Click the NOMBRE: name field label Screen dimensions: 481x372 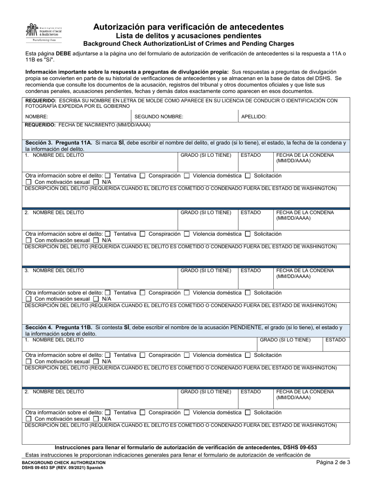coord(37,117)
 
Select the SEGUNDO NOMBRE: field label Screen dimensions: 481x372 coord(159,117)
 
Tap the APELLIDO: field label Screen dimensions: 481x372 coord(254,117)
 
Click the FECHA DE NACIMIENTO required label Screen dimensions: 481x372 coord(88,125)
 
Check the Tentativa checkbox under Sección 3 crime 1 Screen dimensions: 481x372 coord(108,176)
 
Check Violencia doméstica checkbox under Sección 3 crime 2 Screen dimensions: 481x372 coord(187,234)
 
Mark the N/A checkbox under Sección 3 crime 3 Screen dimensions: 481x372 coord(96,299)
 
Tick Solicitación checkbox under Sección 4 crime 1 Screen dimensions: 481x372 coord(247,355)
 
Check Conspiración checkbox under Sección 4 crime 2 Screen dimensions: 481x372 coord(143,413)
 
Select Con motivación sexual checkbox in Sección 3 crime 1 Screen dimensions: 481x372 coord(29,182)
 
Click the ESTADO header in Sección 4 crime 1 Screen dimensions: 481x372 coord(335,340)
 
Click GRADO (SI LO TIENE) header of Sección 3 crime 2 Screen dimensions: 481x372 coord(206,213)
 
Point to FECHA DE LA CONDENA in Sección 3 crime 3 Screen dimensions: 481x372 coord(305,270)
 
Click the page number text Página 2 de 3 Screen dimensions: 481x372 coord(333,462)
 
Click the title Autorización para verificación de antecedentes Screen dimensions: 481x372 coord(188,27)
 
